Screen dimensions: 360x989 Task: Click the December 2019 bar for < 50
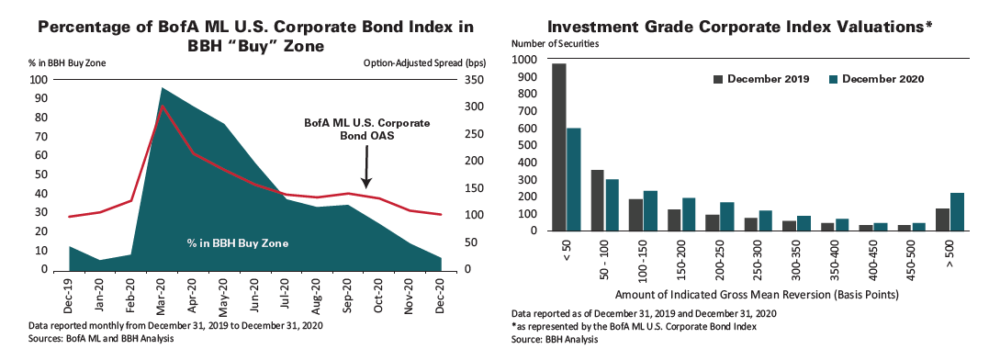click(558, 147)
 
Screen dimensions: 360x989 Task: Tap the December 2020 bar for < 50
click(573, 179)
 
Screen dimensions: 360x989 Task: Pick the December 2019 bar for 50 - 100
click(597, 200)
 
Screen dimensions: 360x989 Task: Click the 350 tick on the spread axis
click(468, 79)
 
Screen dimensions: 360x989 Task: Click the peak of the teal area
click(163, 89)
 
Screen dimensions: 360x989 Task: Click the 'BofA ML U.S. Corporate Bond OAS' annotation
click(366, 129)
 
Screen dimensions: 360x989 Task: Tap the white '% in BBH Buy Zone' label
click(238, 243)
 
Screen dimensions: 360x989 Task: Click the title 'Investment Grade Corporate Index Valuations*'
click(741, 27)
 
